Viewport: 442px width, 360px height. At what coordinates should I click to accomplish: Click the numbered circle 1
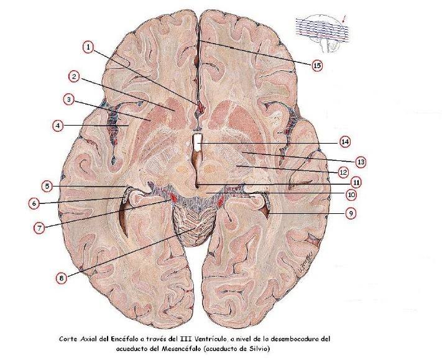click(89, 47)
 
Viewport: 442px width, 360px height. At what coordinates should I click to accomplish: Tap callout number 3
click(69, 99)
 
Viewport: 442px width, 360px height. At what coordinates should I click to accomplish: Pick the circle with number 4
click(58, 125)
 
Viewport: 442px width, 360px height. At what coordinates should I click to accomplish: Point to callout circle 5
click(47, 185)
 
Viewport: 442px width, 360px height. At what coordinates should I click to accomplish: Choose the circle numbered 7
click(39, 228)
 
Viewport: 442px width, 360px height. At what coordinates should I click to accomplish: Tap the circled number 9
click(351, 213)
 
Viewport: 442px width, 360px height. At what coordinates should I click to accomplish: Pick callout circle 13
click(361, 162)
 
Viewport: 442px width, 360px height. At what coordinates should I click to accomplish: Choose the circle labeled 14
click(345, 141)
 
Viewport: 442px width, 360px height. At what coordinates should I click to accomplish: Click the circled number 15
click(317, 64)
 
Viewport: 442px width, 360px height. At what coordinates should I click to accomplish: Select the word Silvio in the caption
click(260, 349)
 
